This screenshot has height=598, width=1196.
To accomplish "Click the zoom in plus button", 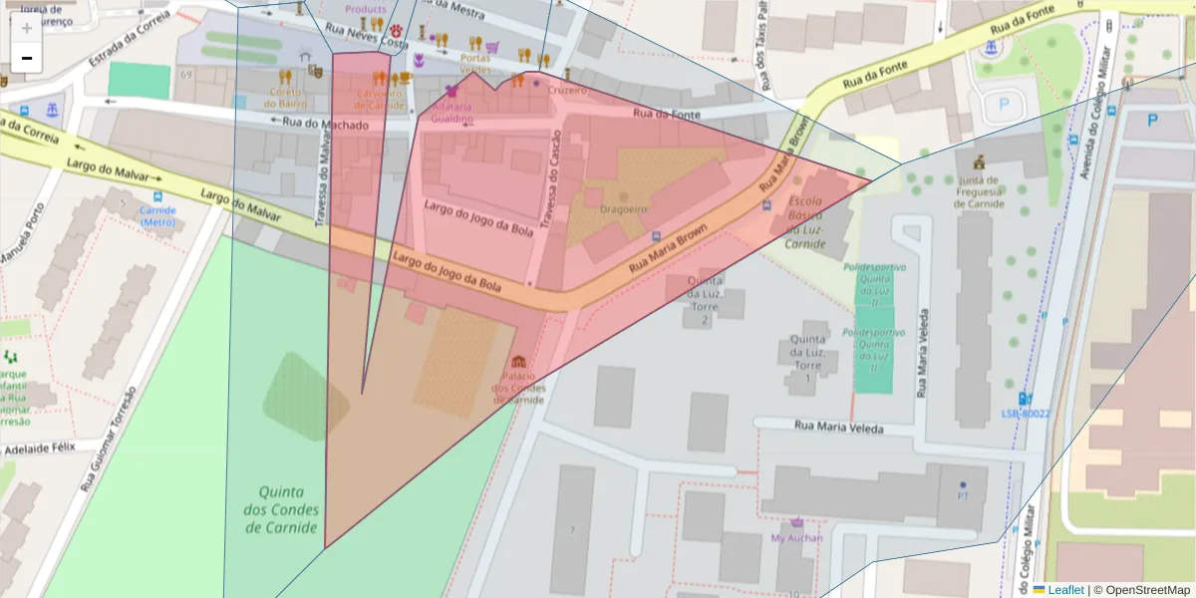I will [27, 28].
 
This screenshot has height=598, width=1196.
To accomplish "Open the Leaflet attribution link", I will [1065, 590].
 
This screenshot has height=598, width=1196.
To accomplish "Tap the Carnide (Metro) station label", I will [157, 216].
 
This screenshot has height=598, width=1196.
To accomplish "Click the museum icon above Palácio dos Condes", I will [517, 361].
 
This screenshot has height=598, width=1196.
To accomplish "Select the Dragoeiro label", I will [624, 209].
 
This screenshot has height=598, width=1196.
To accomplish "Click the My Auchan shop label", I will [797, 538].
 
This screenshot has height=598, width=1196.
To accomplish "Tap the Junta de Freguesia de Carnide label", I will [978, 192].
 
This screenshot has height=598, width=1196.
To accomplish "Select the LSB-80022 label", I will [1026, 413].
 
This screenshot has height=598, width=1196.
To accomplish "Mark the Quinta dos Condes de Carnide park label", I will [288, 509].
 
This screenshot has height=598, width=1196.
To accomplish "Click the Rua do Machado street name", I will [325, 125].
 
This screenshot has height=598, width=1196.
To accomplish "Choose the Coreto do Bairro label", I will [286, 97].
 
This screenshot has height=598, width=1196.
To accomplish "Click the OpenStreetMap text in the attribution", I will [1147, 590].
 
